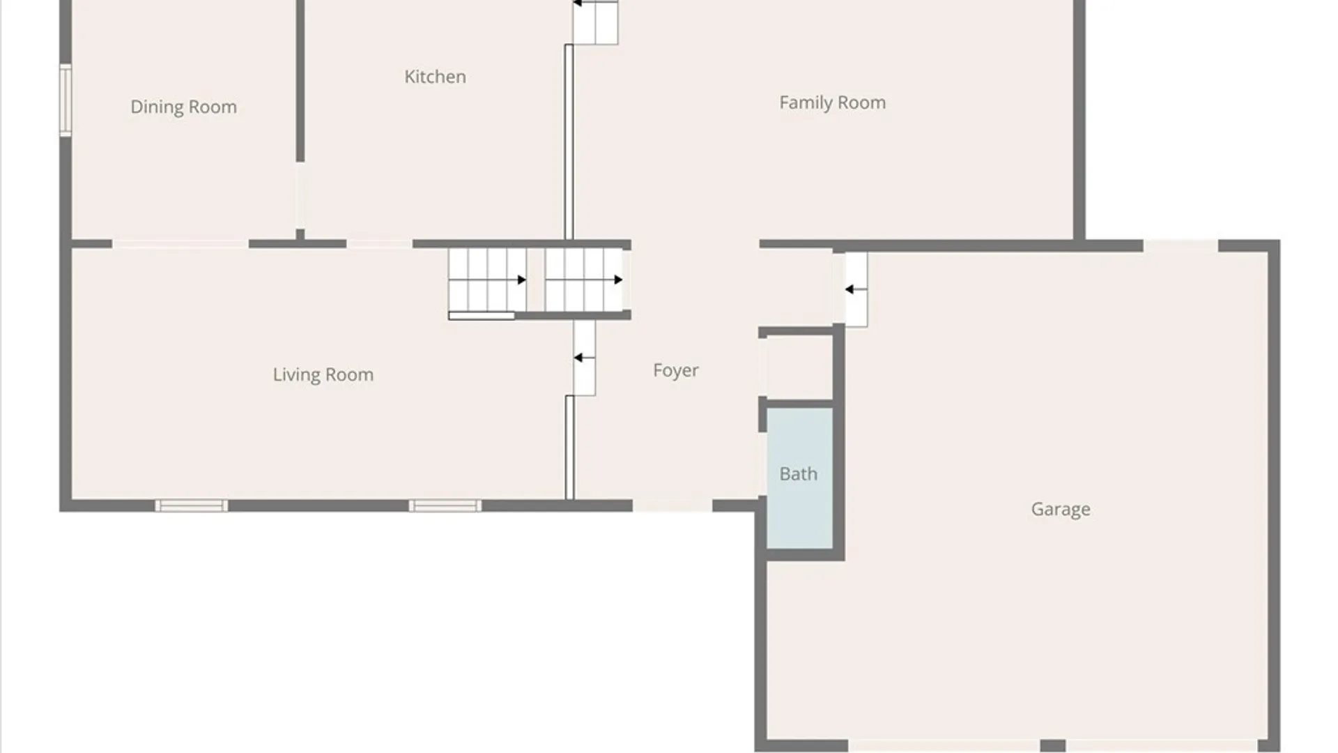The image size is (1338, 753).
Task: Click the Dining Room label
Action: (183, 107)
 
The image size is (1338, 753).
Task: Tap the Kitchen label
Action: (435, 77)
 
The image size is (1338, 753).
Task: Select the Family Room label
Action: (832, 102)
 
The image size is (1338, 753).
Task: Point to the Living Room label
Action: (323, 374)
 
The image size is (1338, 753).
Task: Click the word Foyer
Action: (675, 370)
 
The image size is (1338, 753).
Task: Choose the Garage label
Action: (1061, 509)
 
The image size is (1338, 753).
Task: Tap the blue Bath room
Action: (799, 478)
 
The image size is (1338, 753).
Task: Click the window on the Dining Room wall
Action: (66, 100)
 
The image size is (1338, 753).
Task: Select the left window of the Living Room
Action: (191, 505)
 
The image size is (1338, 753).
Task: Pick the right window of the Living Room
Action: (445, 505)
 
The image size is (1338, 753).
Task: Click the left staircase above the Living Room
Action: (487, 280)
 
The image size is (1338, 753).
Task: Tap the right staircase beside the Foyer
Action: (583, 280)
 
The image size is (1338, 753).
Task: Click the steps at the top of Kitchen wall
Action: (595, 22)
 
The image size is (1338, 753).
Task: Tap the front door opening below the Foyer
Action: (672, 505)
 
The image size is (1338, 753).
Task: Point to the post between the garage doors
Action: (1053, 746)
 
